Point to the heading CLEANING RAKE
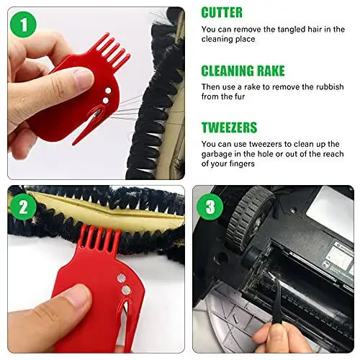[243, 71]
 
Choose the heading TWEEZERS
[230, 128]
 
